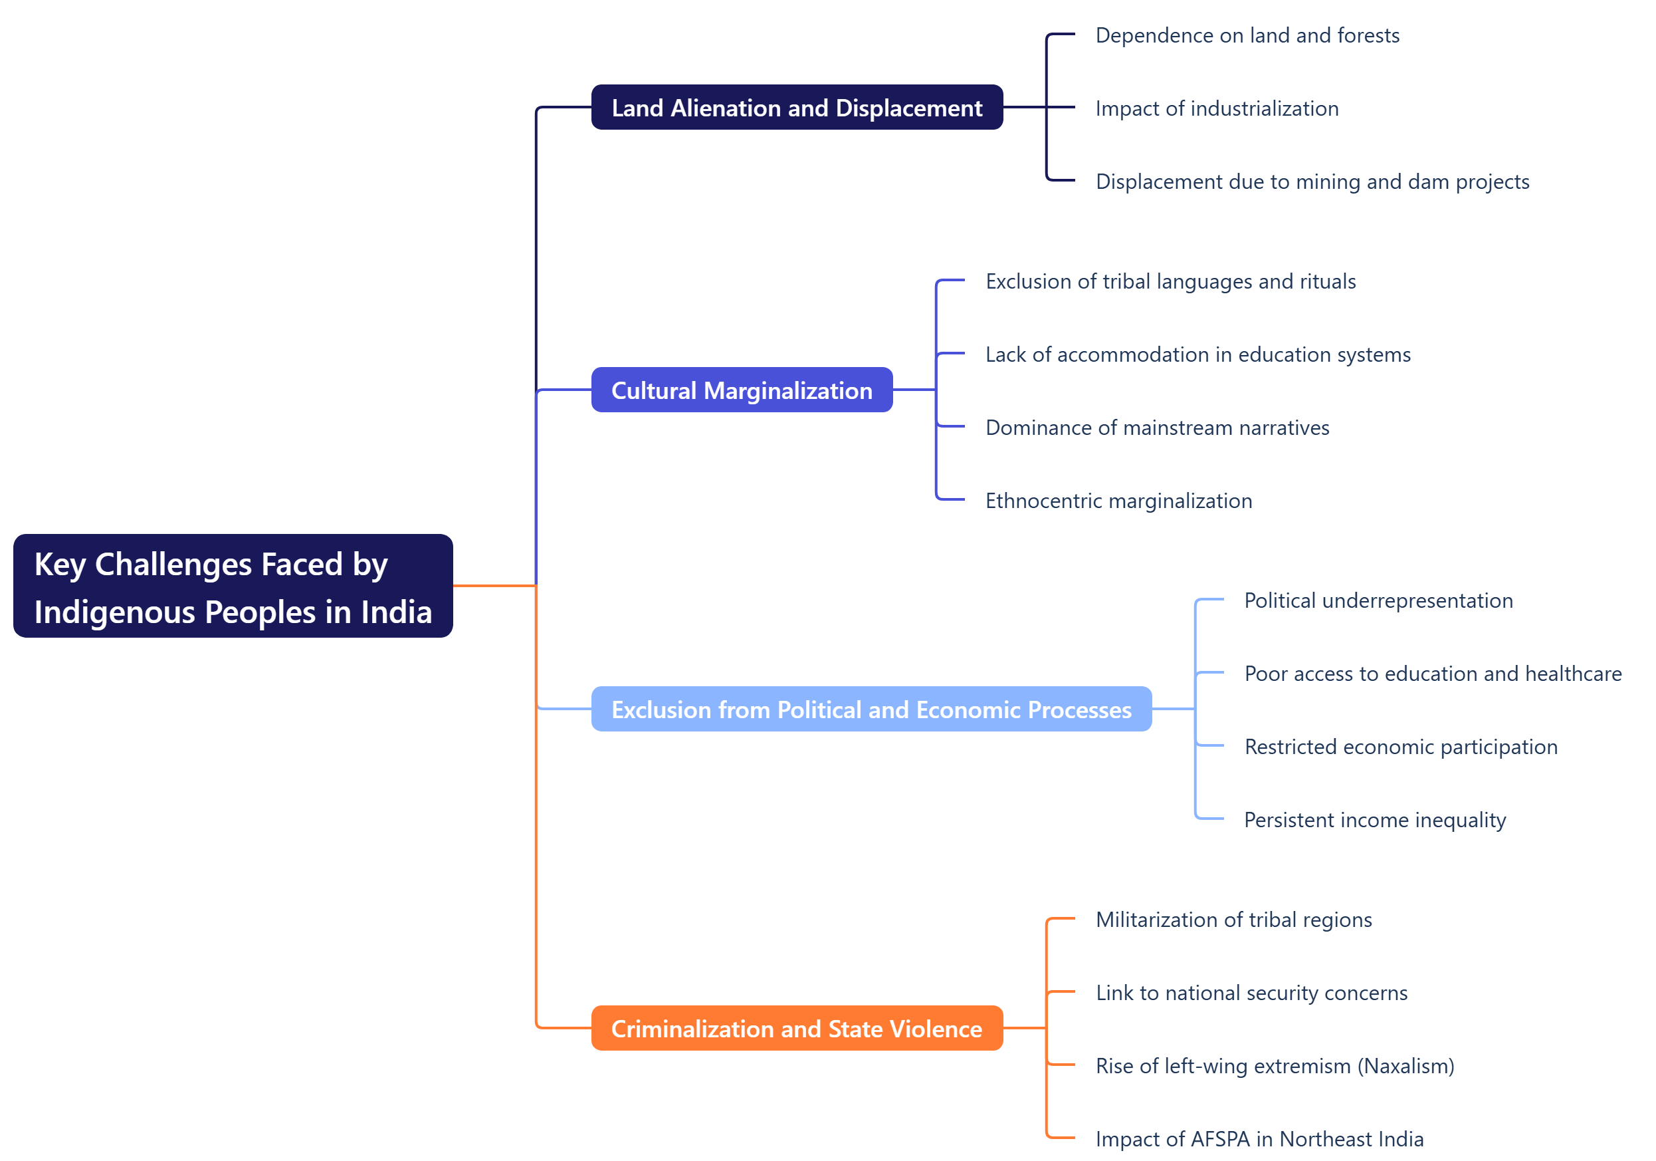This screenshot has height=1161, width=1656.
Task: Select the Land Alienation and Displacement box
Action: point(796,108)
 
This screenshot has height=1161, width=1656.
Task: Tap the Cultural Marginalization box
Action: point(742,390)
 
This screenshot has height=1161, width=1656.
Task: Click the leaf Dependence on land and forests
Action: point(1247,35)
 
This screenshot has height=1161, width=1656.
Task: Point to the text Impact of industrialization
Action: point(1216,108)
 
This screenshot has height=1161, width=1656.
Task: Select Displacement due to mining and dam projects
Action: point(1311,181)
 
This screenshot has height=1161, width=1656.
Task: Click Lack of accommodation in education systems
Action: point(1197,354)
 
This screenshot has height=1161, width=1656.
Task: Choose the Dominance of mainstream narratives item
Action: point(1157,427)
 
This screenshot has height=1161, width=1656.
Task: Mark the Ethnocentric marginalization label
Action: point(1118,500)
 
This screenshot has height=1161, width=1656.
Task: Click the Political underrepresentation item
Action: point(1378,600)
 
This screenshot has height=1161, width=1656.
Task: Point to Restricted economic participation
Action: point(1400,746)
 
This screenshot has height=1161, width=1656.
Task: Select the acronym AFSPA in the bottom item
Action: point(1219,1138)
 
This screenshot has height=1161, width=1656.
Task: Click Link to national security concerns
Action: point(1251,992)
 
